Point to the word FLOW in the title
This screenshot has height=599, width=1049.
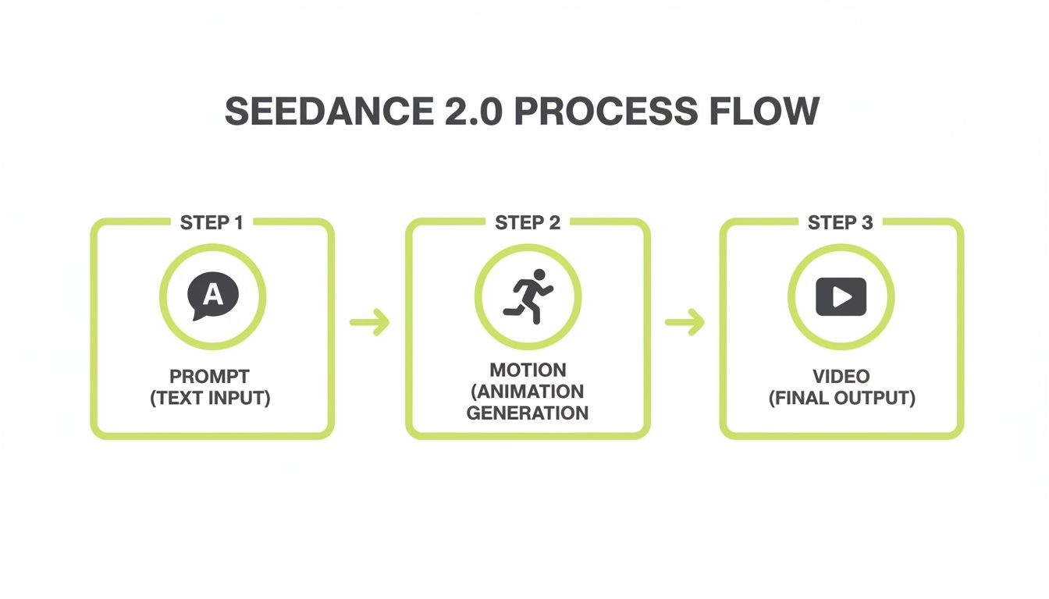tap(764, 112)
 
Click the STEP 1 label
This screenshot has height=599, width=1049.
tap(212, 223)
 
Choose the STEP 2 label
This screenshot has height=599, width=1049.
tap(528, 223)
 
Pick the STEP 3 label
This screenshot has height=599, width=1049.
tap(841, 223)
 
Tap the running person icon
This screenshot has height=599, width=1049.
tap(528, 297)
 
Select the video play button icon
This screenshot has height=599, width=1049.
tap(841, 297)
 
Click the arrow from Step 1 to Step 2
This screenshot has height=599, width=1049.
tap(370, 322)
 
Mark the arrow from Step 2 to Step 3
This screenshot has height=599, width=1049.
tap(685, 322)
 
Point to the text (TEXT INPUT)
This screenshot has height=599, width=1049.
tap(210, 399)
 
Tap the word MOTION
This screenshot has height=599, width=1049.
tap(528, 370)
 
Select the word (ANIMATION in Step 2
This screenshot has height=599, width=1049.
tap(528, 391)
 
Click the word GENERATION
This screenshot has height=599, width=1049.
tap(528, 413)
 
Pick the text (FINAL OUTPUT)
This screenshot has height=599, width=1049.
tap(841, 399)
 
